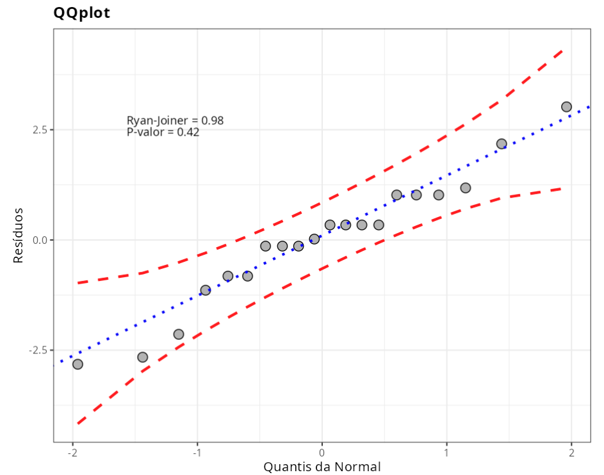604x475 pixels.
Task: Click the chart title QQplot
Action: pos(82,13)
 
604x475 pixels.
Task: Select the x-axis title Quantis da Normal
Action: pos(322,467)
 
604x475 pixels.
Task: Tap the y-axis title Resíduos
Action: pos(19,235)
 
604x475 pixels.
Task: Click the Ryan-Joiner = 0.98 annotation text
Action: pos(175,120)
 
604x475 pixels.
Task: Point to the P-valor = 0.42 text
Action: pos(163,133)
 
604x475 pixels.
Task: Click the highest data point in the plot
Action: pos(566,107)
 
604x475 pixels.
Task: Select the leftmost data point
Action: pos(78,364)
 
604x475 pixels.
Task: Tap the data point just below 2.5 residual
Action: pos(502,144)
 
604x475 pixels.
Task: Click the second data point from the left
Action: pos(143,357)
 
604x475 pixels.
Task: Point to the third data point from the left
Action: pos(179,334)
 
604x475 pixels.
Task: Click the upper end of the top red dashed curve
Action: pos(562,49)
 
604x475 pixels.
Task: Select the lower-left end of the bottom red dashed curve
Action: pos(78,423)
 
